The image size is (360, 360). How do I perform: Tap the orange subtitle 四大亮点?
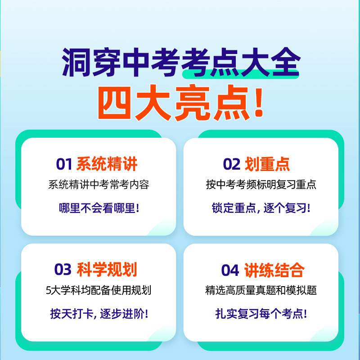pos(180,103)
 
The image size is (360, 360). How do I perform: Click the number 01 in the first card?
pos(64,164)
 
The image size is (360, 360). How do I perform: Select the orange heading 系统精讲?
pos(107,164)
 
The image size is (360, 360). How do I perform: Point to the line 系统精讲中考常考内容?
pos(99,185)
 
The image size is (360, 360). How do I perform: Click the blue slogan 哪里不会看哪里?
pos(99,208)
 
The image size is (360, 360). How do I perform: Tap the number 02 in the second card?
pos(232,164)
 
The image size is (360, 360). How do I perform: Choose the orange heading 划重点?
pos(267,164)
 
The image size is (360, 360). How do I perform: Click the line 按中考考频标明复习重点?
pos(261,185)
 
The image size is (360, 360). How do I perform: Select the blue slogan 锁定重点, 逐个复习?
pos(261,208)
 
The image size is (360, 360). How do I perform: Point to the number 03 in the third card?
pos(63,270)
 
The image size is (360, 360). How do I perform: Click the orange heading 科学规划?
pos(107,270)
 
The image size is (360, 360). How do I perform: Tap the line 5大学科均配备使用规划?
pos(99,291)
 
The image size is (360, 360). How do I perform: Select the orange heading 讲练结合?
pos(274,270)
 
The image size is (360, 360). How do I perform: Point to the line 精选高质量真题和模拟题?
pos(261,291)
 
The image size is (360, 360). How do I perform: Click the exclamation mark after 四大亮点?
pos(258,103)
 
